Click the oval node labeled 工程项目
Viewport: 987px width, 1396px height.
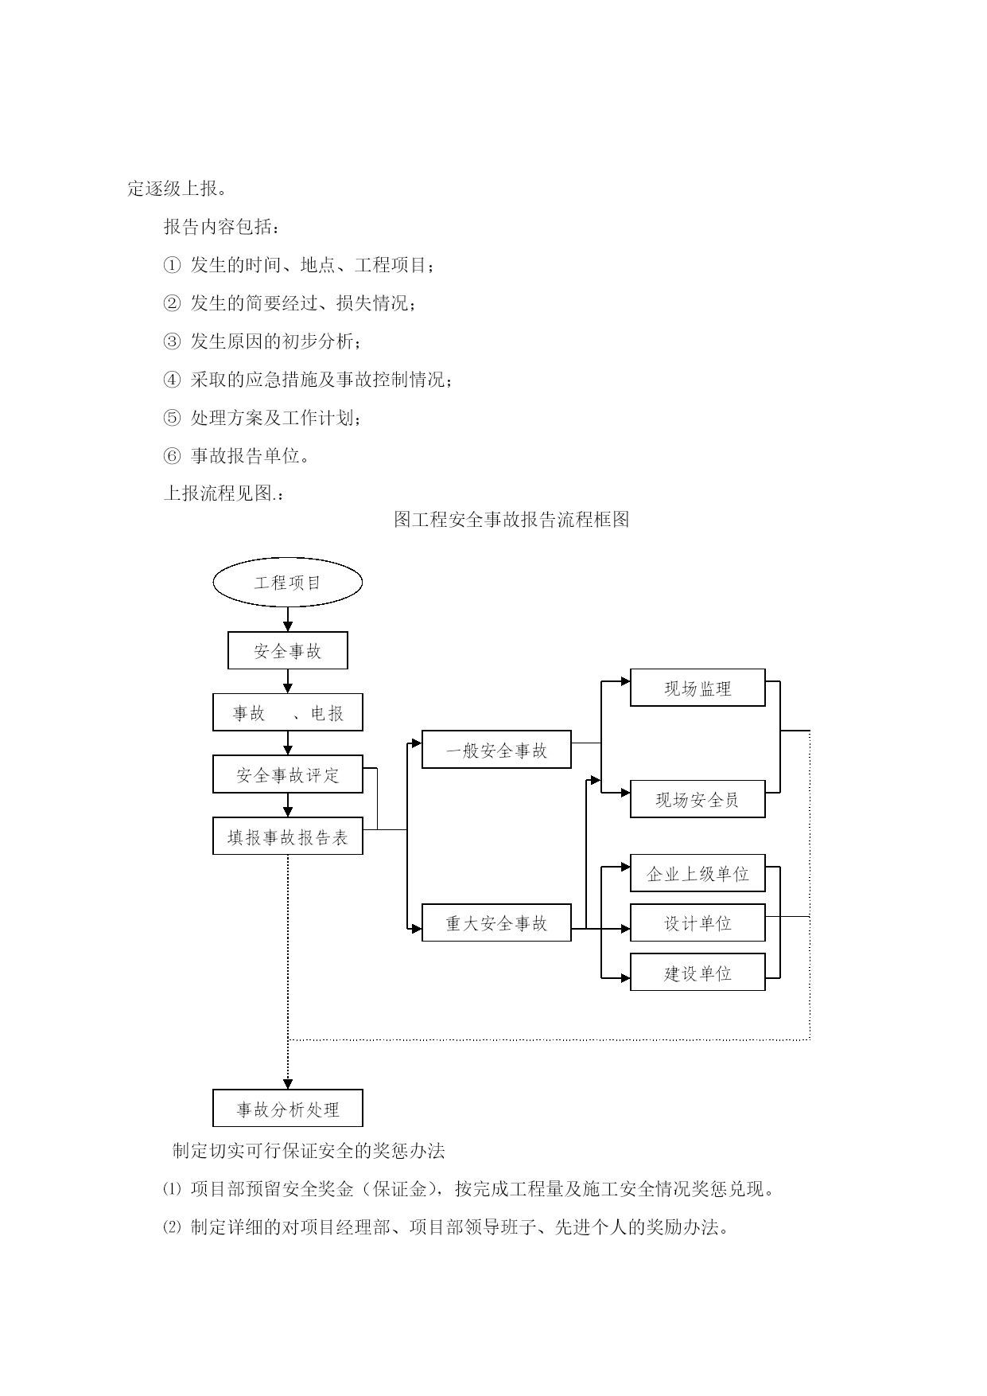tap(288, 583)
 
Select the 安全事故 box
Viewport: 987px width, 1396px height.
tap(288, 651)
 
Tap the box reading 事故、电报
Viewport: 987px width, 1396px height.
tap(288, 712)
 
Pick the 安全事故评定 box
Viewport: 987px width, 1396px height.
tap(288, 774)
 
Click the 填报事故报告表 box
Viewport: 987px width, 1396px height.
tap(288, 836)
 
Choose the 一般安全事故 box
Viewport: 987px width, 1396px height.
tap(496, 750)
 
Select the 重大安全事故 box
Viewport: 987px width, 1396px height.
tap(496, 923)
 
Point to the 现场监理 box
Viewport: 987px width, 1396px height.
tap(698, 688)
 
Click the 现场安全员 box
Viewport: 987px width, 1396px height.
tap(698, 799)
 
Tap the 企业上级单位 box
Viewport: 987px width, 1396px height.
tap(698, 874)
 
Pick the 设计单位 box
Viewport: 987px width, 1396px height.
tap(698, 923)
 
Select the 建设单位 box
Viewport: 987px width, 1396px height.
tap(698, 973)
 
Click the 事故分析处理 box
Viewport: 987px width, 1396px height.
tap(288, 1109)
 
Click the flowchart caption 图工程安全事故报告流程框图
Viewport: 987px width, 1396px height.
tap(512, 520)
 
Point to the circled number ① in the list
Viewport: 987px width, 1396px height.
tap(172, 265)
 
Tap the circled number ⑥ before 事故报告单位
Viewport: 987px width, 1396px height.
tap(172, 456)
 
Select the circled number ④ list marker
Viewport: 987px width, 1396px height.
tap(172, 380)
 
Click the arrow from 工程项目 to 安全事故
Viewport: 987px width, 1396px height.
tap(288, 619)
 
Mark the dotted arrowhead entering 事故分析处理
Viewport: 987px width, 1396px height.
tap(288, 1084)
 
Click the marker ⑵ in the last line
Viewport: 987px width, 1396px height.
tap(172, 1227)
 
